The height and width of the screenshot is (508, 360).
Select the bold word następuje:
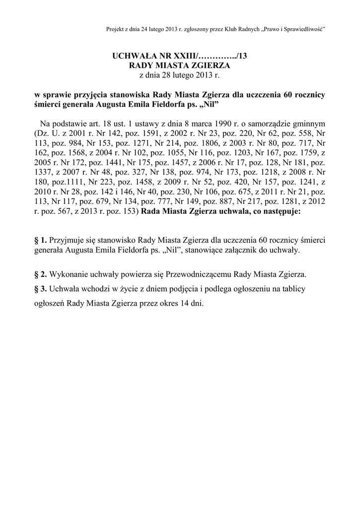[x=278, y=211]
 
